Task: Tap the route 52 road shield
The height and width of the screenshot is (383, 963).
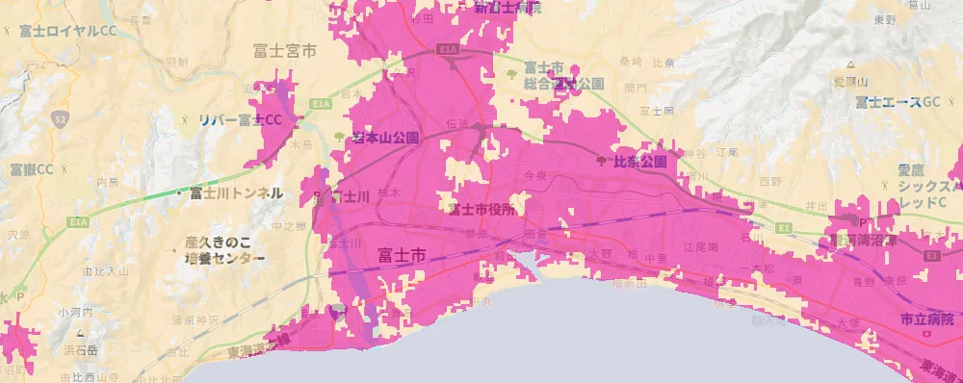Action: (61, 119)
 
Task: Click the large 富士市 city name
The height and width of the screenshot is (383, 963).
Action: (401, 256)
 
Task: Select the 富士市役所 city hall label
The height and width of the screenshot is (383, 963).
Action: (481, 207)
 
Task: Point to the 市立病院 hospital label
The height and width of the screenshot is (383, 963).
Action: (927, 318)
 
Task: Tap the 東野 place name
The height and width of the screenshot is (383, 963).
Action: (885, 19)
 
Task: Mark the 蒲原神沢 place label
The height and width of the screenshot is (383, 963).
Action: (202, 318)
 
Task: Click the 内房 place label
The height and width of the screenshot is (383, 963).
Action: (107, 181)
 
